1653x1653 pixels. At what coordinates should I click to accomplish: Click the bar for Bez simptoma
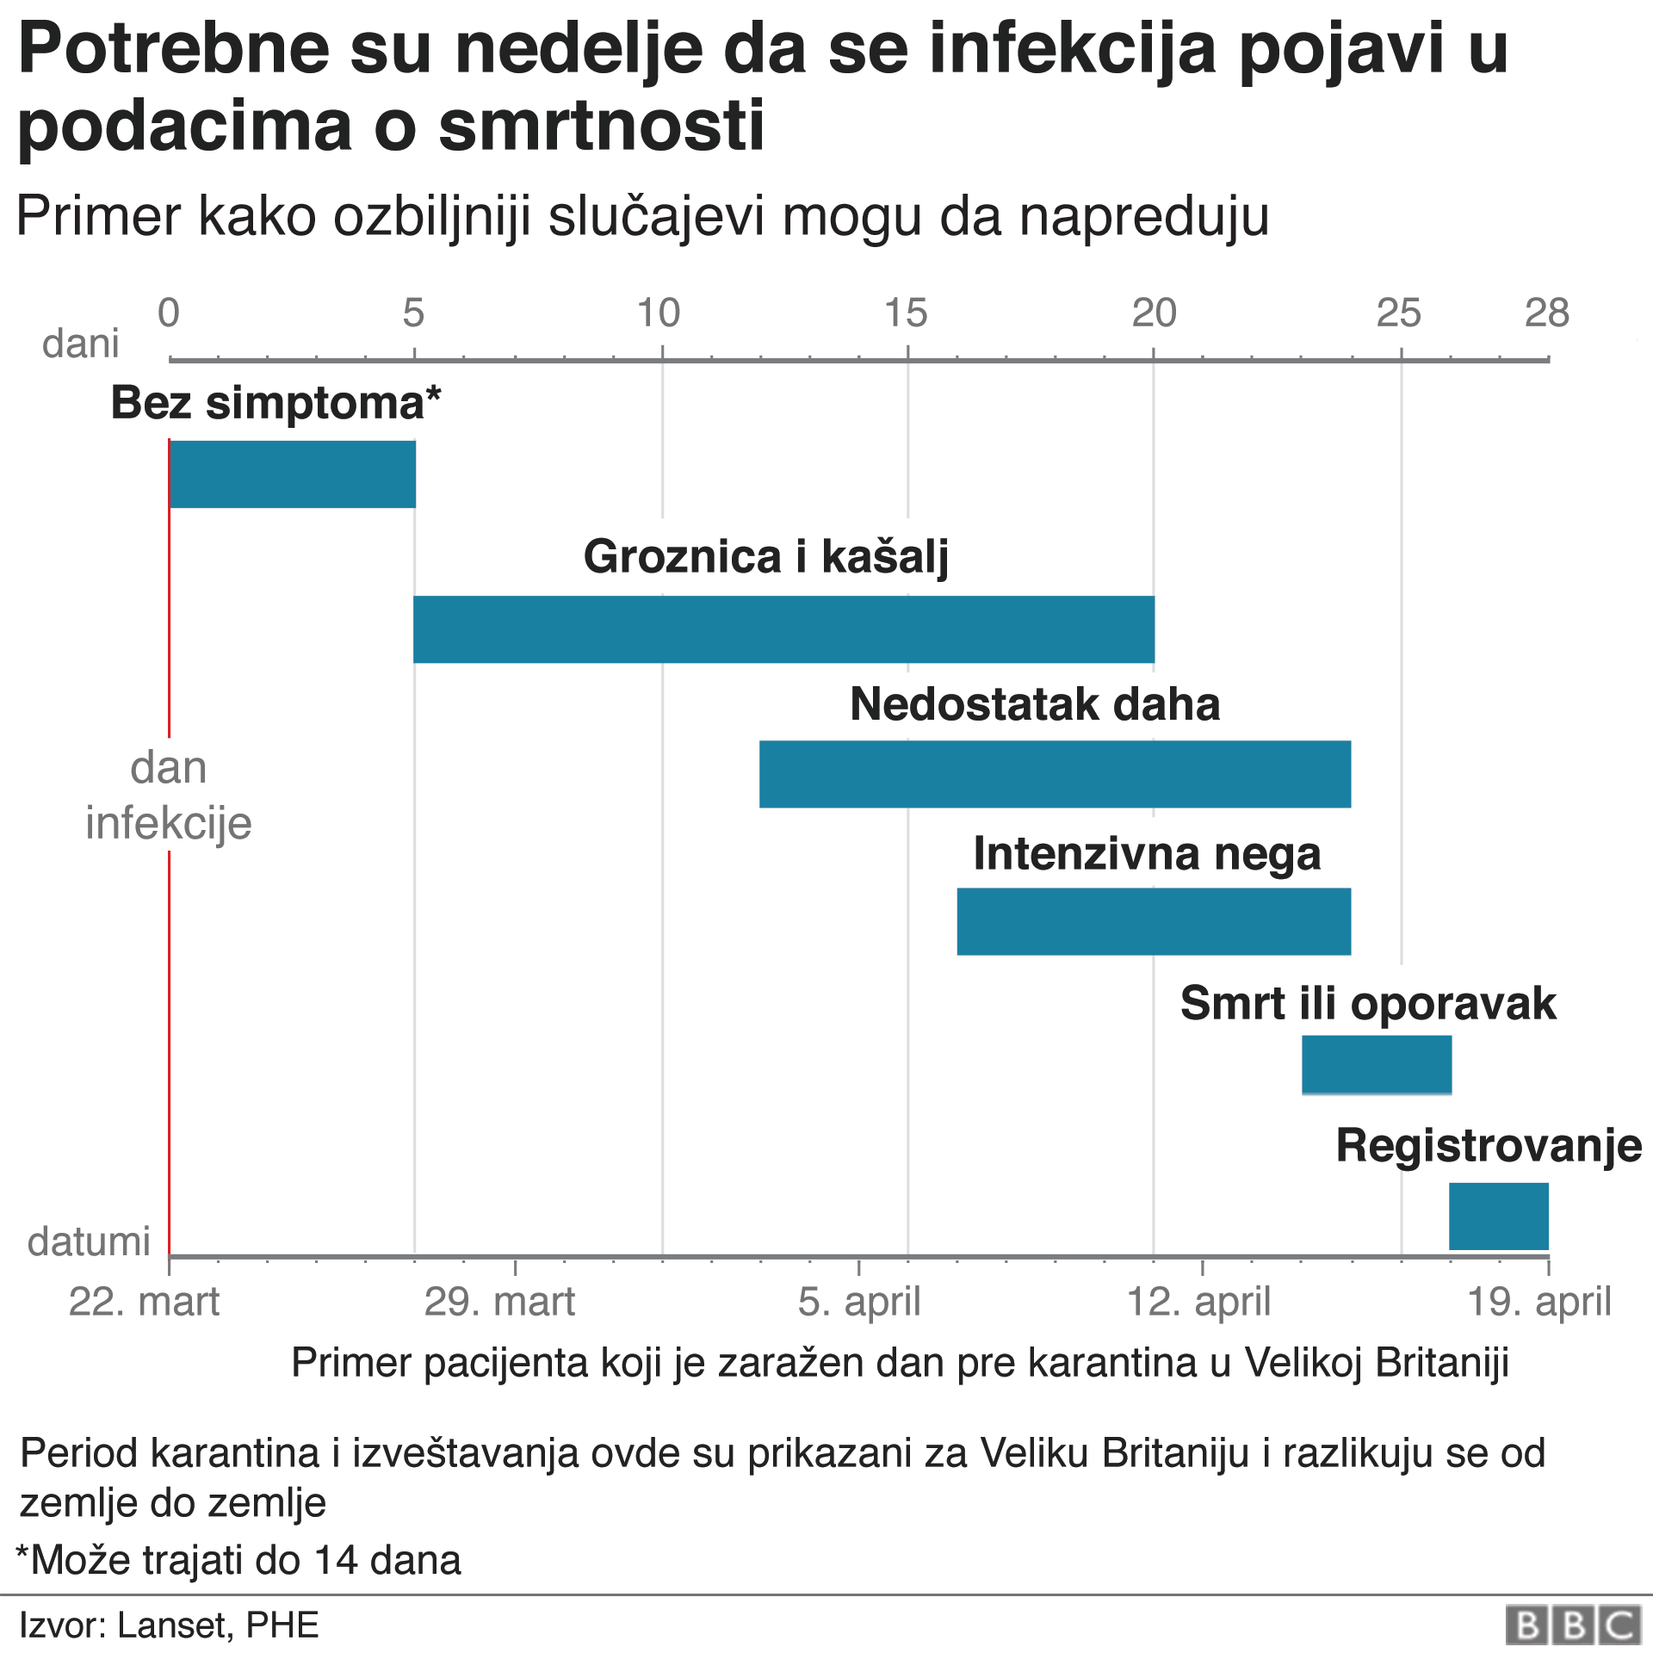[293, 474]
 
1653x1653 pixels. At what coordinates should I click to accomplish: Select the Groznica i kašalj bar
[783, 629]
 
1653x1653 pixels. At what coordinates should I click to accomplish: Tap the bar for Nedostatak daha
[1055, 774]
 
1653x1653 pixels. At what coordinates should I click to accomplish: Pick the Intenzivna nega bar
[1154, 921]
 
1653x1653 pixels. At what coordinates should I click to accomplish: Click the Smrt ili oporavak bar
[1377, 1065]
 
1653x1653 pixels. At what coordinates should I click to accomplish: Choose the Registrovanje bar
[1499, 1216]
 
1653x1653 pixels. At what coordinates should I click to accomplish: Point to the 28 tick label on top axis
[1546, 313]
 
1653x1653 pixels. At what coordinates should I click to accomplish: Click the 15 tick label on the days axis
[906, 313]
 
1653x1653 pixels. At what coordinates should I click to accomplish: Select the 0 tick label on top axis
[169, 313]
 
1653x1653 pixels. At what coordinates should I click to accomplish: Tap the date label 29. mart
[499, 1302]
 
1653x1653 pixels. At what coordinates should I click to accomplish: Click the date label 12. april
[1198, 1302]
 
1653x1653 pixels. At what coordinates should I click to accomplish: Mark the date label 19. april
[1538, 1302]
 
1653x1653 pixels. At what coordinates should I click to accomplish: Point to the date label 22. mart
[144, 1302]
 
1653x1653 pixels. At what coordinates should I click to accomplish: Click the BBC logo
[1573, 1625]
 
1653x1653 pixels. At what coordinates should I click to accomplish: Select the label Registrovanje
[1489, 1146]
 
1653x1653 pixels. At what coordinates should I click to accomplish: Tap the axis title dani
[81, 344]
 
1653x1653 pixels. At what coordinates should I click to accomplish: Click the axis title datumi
[89, 1241]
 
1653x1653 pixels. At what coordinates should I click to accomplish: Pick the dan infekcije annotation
[169, 795]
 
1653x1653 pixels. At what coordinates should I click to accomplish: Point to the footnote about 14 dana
[238, 1560]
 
